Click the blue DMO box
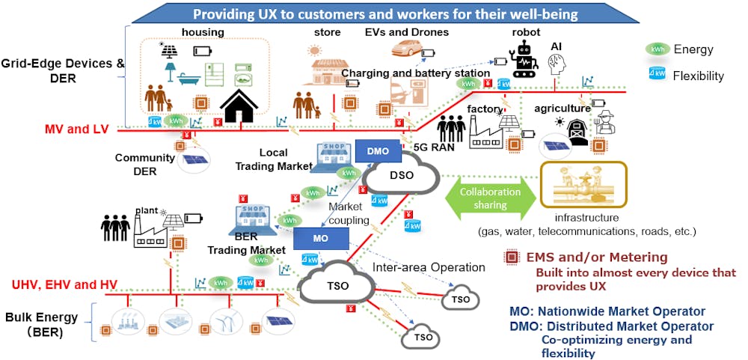coord(378,151)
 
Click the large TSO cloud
coord(337,284)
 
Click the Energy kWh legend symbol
coord(658,49)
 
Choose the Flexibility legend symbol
coord(658,75)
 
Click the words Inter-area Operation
coord(429,267)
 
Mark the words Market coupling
coord(349,213)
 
